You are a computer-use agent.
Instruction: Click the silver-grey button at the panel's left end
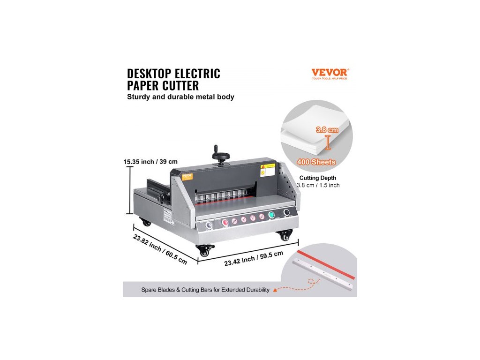209,225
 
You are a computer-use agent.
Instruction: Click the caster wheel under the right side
285,236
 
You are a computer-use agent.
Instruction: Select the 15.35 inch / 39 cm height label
151,162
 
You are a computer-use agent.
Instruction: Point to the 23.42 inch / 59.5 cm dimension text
254,258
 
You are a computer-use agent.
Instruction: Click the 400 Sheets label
317,162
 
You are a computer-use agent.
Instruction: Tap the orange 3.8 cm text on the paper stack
327,130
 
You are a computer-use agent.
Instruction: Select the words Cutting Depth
317,178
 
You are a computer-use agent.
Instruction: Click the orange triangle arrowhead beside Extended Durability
275,290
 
